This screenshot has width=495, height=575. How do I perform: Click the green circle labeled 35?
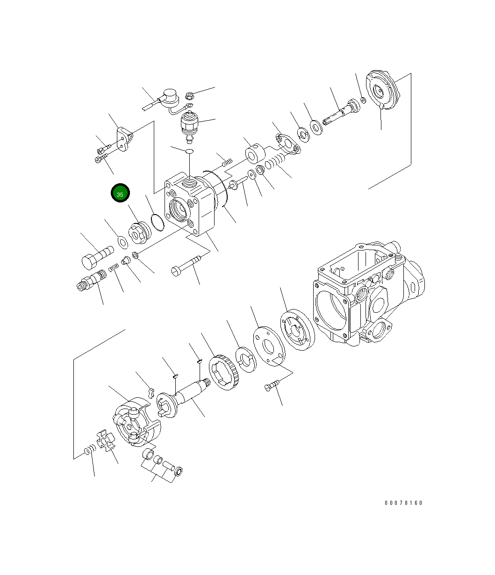(x=120, y=194)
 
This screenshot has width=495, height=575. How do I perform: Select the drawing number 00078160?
(x=403, y=503)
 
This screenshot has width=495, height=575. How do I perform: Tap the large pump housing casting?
(x=369, y=295)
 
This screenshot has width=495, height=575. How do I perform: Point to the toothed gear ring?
(x=224, y=374)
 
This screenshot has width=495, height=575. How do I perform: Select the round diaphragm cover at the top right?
(x=383, y=91)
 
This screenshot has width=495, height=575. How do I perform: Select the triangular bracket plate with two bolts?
(x=124, y=139)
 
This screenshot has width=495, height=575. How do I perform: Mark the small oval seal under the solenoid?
(x=189, y=151)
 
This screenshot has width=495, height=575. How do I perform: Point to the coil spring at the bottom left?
(x=89, y=450)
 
